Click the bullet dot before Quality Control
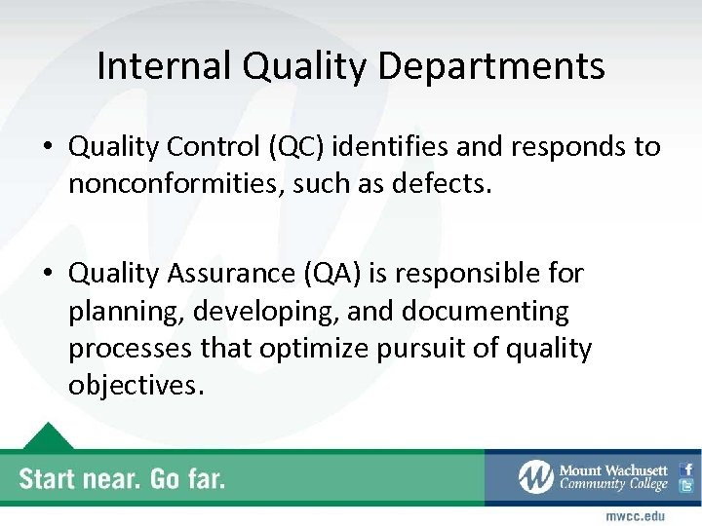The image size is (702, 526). (47, 148)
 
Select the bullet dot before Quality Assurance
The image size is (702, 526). (47, 276)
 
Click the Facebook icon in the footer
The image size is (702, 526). (686, 469)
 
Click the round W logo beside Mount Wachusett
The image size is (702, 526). (536, 477)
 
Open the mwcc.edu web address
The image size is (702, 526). (635, 514)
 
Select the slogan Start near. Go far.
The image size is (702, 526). (122, 478)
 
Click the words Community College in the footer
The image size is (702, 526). (612, 485)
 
